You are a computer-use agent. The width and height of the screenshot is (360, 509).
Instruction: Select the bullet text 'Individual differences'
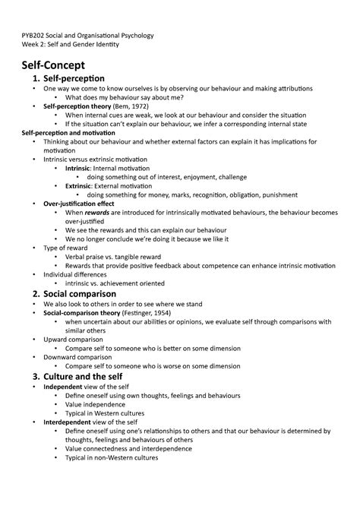point(78,274)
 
